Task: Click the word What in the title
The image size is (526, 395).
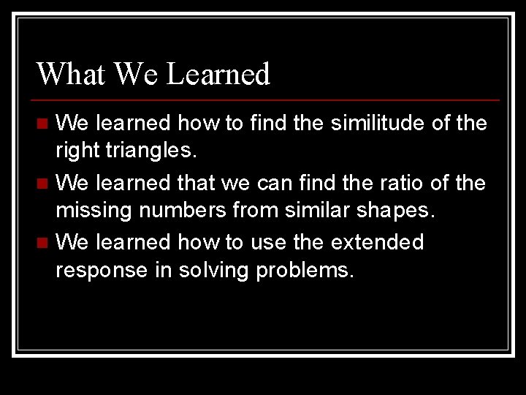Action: coord(72,74)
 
